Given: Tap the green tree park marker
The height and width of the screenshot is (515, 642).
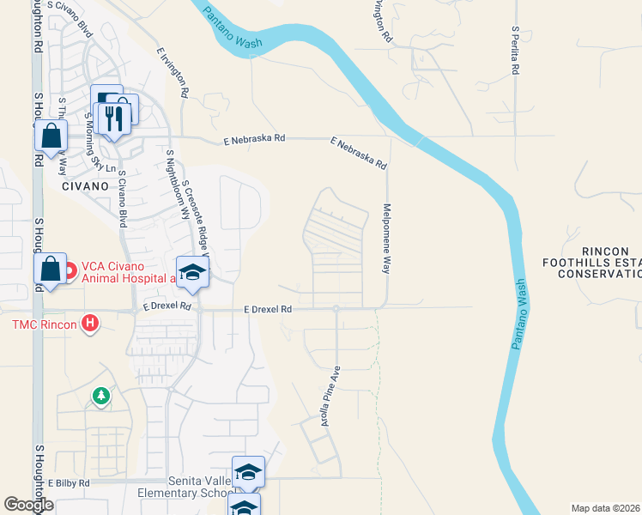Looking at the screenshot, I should coord(101,396).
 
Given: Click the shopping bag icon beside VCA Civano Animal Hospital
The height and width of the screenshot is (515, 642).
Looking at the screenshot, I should coord(51,269).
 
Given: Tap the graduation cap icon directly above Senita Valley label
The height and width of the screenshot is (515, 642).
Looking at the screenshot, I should coord(247,472).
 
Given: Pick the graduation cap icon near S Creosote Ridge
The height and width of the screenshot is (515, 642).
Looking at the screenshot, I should coord(192,273).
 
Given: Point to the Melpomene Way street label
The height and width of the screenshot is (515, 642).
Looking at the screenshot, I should coord(387,238).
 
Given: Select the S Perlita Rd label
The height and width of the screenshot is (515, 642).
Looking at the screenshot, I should coord(516,51).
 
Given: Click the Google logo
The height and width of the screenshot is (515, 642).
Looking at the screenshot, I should coord(28,505).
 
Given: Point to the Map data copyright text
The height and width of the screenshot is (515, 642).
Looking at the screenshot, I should coord(606,508).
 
